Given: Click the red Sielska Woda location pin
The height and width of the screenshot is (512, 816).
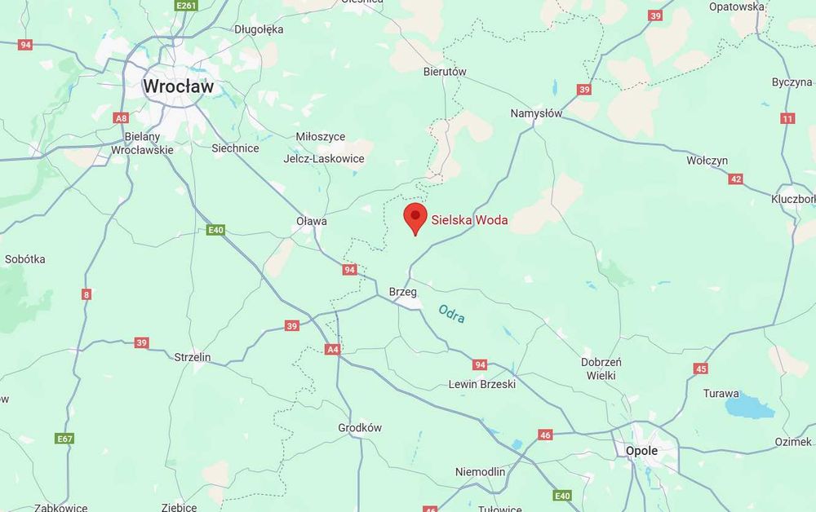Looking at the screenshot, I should tap(416, 217).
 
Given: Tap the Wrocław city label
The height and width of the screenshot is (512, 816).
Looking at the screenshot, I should tap(177, 86).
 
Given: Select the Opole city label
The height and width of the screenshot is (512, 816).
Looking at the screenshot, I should tap(641, 451).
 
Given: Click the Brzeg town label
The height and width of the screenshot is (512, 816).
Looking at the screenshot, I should tap(403, 291).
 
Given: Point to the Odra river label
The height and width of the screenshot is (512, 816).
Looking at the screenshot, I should tap(451, 314).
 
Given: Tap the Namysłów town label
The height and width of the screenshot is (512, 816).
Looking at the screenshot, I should tap(536, 113).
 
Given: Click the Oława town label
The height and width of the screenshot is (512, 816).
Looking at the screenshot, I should tap(312, 221).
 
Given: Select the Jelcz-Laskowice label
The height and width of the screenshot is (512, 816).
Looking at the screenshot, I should tap(324, 158).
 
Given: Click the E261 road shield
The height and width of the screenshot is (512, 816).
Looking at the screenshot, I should tap(186, 6).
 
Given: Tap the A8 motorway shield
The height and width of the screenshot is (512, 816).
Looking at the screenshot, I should tap(121, 118).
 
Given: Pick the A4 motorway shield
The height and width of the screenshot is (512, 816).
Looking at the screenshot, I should tap(332, 350).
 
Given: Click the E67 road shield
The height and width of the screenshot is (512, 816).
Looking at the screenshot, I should tap(65, 439).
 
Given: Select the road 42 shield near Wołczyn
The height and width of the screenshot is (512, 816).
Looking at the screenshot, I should tap(736, 179).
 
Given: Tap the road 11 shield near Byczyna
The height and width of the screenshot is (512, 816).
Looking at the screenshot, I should tap(787, 119).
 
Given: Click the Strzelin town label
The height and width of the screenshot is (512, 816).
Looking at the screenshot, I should tap(193, 357).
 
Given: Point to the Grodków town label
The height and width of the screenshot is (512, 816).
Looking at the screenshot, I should tap(360, 428).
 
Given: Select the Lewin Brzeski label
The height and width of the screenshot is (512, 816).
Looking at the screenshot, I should tap(482, 385).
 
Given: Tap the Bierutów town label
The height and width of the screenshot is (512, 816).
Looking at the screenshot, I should tap(445, 72).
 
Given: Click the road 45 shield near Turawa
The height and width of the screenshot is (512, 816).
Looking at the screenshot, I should tap(701, 369).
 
